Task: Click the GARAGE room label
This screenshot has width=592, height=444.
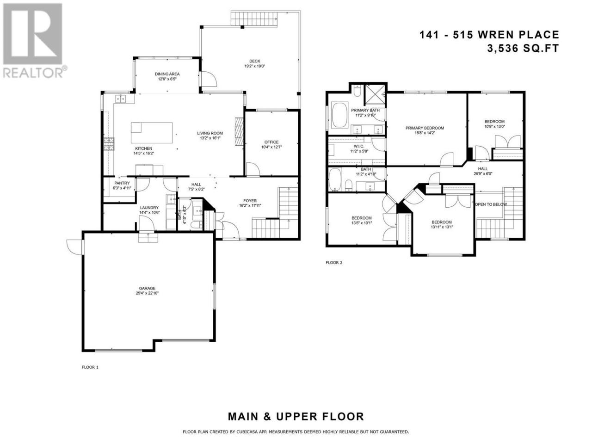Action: pos(147,288)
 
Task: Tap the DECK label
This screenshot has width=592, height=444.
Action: pos(254,61)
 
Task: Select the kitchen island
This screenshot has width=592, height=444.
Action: pos(152,133)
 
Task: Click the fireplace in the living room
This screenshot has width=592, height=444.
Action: pos(239,131)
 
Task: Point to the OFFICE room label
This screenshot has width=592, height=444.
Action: pos(271,142)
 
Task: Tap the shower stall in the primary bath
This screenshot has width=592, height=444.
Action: pos(375,95)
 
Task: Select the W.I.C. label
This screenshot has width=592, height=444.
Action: pos(359,147)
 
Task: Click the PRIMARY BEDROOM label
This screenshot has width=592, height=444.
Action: pos(425,128)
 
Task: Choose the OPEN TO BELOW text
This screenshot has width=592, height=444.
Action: pos(491,204)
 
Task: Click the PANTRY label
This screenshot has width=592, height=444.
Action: pos(122,183)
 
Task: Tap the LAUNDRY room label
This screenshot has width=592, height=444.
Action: pos(149,208)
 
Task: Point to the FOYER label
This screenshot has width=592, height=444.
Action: pos(250,201)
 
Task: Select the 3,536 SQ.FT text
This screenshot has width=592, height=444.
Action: pos(523,49)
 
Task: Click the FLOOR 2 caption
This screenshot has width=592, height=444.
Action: pos(334,262)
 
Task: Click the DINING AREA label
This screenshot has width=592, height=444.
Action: pos(167,74)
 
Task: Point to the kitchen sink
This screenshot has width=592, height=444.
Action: pos(121,99)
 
